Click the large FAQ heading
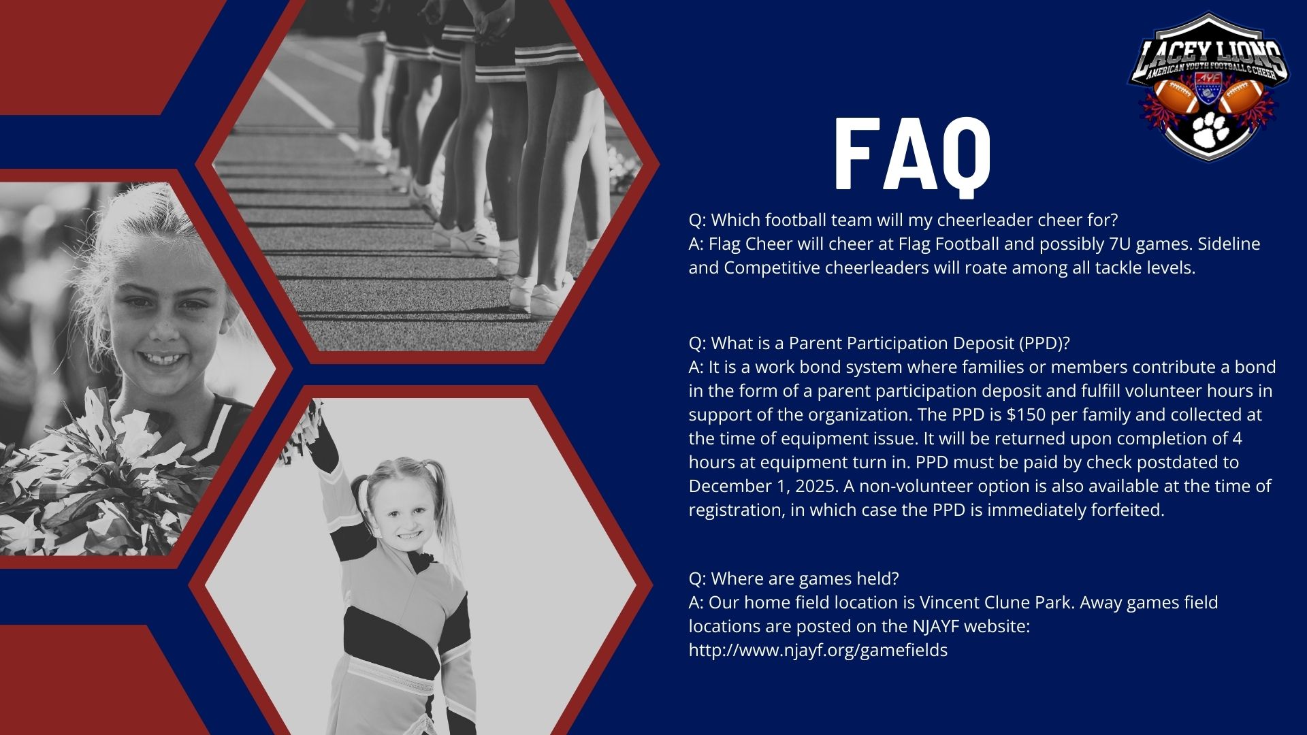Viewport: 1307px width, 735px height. click(913, 157)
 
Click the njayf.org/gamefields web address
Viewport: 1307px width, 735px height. click(818, 650)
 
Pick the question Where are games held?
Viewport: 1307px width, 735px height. click(794, 578)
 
